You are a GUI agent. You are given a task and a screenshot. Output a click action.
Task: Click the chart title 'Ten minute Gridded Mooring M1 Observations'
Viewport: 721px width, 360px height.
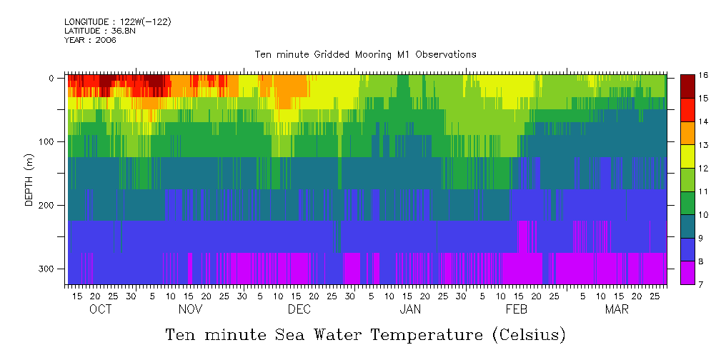tap(365, 54)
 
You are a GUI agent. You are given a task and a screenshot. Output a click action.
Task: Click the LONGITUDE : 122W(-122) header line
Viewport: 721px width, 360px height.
tap(117, 22)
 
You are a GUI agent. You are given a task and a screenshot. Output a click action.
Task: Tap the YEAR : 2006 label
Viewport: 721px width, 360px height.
tap(90, 40)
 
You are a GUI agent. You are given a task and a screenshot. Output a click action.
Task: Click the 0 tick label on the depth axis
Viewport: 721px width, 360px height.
tap(51, 78)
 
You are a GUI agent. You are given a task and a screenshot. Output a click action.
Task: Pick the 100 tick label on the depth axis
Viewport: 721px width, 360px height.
tap(47, 141)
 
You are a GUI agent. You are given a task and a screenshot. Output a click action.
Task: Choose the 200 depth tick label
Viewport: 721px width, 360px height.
tap(47, 205)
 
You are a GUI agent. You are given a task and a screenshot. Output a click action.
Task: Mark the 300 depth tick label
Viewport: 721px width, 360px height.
tap(47, 269)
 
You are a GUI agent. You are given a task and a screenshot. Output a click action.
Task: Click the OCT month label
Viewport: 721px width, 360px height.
tap(101, 309)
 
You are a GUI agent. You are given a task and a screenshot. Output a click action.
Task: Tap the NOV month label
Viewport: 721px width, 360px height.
tap(190, 309)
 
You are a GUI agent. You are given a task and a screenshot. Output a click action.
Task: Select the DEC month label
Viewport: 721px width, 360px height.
tap(299, 309)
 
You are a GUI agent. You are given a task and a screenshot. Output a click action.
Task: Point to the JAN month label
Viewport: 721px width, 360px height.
tap(410, 309)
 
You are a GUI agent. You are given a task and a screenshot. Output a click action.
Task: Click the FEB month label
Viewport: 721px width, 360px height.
tap(517, 309)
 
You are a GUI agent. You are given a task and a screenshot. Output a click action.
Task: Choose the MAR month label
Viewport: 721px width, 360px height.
tap(617, 309)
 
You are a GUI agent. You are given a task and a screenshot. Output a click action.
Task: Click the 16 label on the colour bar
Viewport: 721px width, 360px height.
tap(703, 75)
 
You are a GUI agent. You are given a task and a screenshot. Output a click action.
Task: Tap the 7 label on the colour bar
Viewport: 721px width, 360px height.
tap(703, 285)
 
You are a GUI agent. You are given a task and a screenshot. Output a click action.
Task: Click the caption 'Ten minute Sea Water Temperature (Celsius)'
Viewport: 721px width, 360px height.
tap(365, 334)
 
